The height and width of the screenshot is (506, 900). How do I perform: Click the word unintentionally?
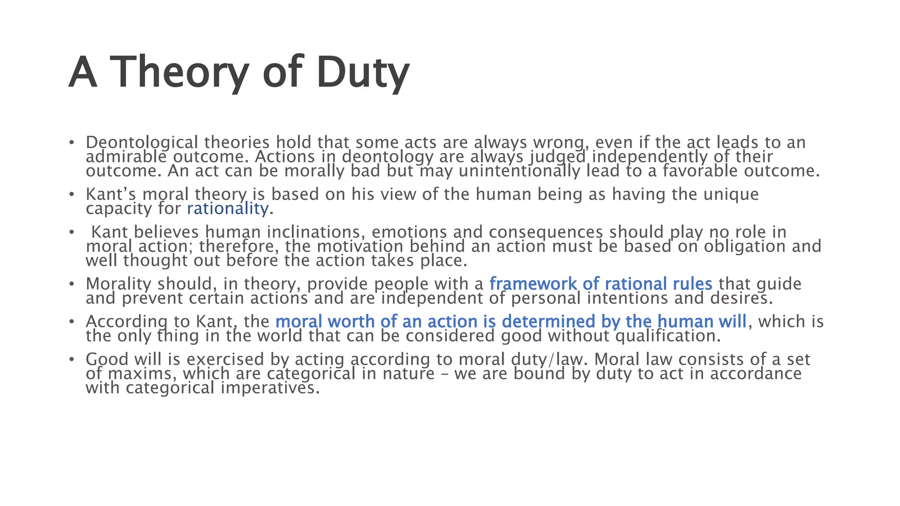tap(519, 171)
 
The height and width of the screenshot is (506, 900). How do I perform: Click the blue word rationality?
tap(227, 209)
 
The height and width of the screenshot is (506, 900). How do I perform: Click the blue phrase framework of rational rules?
tap(601, 284)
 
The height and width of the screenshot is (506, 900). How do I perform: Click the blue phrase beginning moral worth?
tap(511, 322)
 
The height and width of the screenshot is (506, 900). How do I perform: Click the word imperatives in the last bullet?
tap(270, 388)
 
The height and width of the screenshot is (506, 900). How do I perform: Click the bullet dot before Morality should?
tap(71, 284)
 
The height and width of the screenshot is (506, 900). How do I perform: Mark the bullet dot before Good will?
tap(71, 360)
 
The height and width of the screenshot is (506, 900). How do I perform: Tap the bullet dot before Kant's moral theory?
tap(71, 195)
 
